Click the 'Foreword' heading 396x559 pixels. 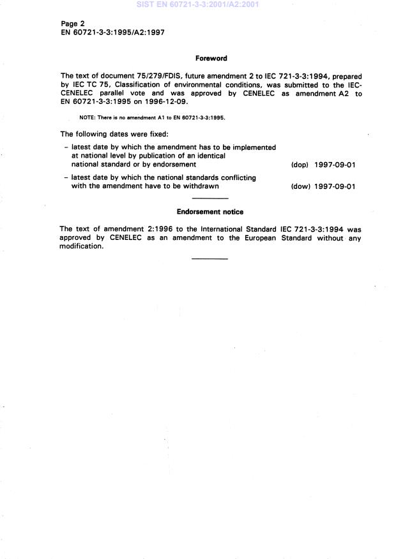211,59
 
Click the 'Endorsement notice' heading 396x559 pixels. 210,212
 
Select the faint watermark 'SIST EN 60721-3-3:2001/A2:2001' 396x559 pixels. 198,5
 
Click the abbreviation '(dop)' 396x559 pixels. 300,165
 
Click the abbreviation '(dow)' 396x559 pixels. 300,186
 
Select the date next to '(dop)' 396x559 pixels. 335,165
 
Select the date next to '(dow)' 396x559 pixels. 335,186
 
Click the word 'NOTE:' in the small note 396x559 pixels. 87,118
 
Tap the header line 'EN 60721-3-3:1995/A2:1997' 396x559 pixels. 112,32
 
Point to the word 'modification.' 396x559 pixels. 81,246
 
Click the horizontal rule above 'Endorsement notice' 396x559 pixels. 210,199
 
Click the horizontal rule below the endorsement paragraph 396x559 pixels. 210,258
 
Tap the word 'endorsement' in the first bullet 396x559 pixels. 178,165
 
